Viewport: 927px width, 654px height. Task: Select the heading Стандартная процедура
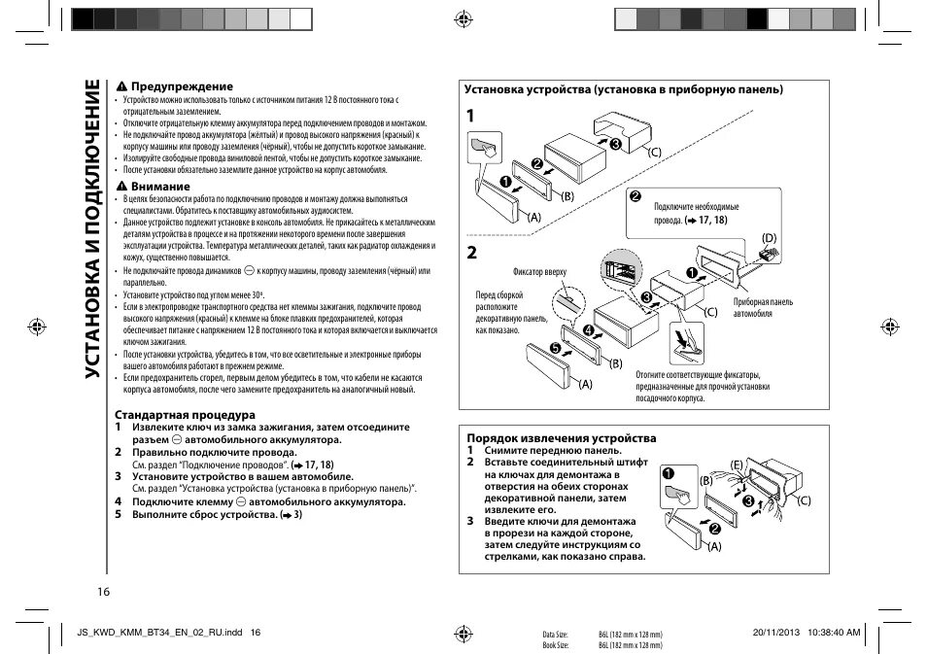point(185,415)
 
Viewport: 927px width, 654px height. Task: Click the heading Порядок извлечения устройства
point(561,438)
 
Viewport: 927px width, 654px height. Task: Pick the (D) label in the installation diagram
point(770,237)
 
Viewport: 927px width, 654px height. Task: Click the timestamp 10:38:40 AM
point(833,632)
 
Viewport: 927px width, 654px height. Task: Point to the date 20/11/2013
point(774,632)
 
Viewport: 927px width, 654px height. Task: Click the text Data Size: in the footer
point(555,634)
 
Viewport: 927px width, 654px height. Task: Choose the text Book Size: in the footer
point(555,645)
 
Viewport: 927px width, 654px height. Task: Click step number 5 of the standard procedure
point(119,514)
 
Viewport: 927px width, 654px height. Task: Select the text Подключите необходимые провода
point(696,214)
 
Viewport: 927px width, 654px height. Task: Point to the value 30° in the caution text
point(257,293)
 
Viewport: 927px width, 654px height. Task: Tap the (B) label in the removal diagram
point(706,481)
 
